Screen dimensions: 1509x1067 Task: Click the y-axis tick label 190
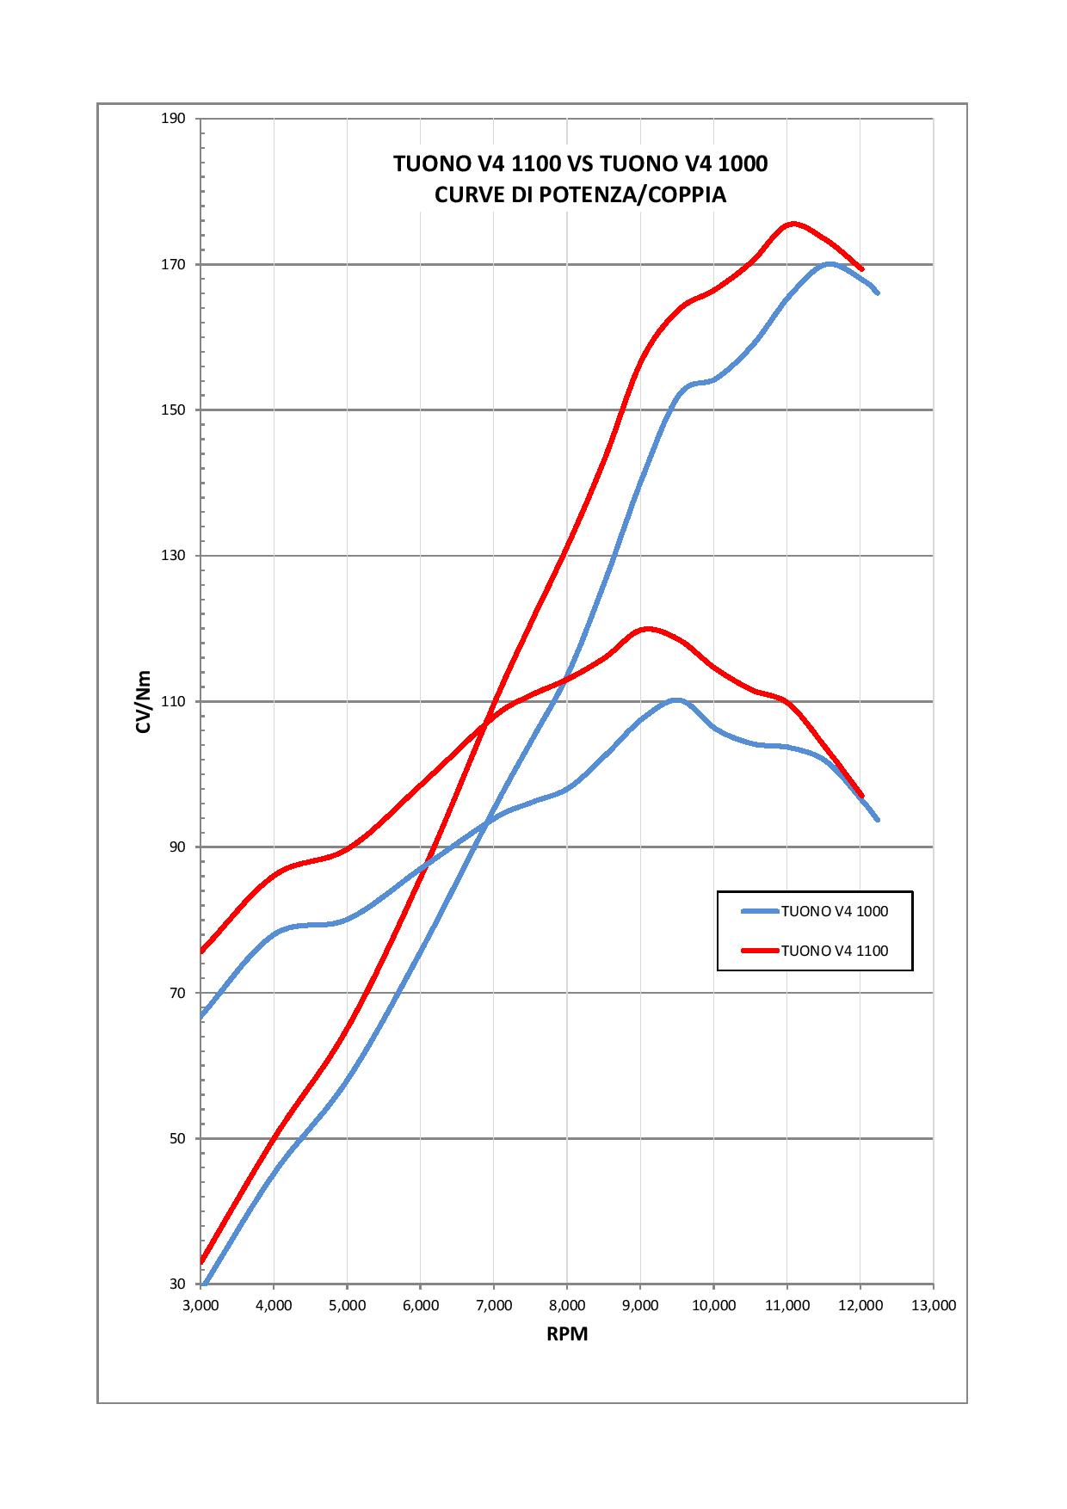pyautogui.click(x=175, y=118)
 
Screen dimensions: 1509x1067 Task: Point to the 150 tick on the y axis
pyautogui.click(x=175, y=410)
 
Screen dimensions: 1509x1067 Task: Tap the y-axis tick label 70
pyautogui.click(x=178, y=993)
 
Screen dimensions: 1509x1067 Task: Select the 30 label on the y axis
pyautogui.click(x=178, y=1284)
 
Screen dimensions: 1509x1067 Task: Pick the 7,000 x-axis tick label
pyautogui.click(x=493, y=1305)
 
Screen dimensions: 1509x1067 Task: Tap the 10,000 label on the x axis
pyautogui.click(x=713, y=1305)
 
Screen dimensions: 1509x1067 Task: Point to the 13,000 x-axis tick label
pyautogui.click(x=933, y=1305)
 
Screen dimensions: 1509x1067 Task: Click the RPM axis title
pyautogui.click(x=567, y=1334)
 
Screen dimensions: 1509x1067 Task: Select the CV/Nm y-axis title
pyautogui.click(x=143, y=702)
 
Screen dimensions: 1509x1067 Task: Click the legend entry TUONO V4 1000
pyautogui.click(x=834, y=911)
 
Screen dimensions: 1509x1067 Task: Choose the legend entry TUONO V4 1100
pyautogui.click(x=834, y=951)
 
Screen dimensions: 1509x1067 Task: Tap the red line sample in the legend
pyautogui.click(x=759, y=951)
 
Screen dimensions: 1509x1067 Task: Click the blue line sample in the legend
pyautogui.click(x=759, y=911)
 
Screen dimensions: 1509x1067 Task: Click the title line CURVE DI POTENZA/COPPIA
pyautogui.click(x=580, y=195)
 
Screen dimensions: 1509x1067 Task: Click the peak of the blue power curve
pyautogui.click(x=829, y=263)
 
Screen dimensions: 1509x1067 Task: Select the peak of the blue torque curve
pyautogui.click(x=676, y=700)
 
